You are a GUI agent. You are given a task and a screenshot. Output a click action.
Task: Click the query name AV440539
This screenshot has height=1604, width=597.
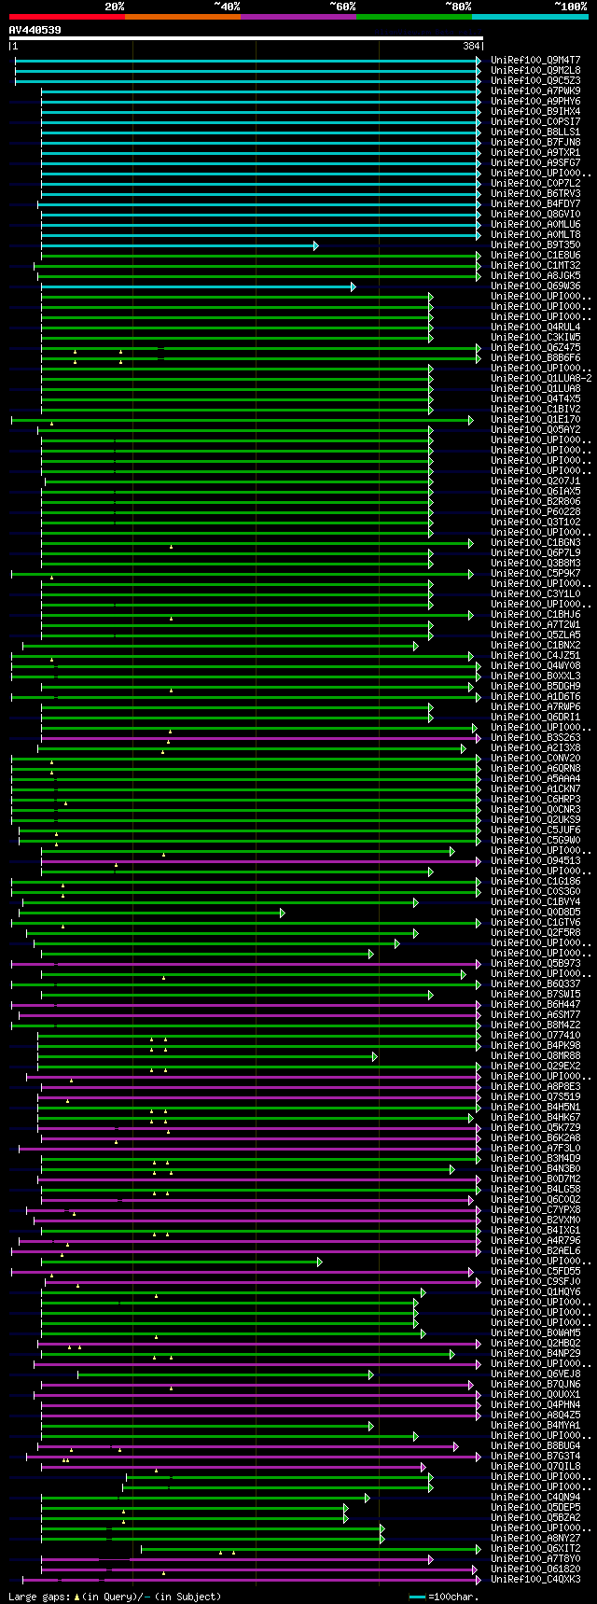pos(35,30)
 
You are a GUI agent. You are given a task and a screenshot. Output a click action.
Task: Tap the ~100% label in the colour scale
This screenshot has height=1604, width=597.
pos(570,7)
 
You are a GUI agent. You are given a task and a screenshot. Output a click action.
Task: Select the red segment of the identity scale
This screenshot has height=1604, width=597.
pos(66,17)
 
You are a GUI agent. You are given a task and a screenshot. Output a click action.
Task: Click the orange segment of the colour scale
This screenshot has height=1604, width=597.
pos(182,17)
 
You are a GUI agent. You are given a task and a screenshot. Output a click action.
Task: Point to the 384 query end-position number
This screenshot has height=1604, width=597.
pos(471,46)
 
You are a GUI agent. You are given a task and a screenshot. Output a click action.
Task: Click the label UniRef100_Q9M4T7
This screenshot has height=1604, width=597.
pos(535,60)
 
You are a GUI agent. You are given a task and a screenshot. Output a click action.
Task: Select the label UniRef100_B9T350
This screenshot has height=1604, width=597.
pos(535,245)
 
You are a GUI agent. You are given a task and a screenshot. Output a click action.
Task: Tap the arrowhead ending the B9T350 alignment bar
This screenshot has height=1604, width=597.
pos(316,245)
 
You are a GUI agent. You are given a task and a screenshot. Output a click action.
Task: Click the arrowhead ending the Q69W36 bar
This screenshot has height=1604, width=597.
pos(353,286)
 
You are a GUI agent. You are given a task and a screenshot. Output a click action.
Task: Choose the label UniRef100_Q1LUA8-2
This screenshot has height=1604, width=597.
pos(541,379)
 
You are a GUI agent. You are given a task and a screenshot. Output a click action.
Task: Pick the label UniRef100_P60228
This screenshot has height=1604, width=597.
pos(535,512)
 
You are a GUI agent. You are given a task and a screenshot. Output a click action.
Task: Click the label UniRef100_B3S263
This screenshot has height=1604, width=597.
pos(535,738)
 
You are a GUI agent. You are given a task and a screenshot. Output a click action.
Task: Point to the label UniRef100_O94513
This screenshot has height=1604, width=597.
pos(535,861)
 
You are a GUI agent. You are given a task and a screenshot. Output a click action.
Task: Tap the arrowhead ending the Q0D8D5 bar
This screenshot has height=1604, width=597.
pos(282,913)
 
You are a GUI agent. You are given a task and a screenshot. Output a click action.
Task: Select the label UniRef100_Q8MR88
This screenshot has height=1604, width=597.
pos(535,1056)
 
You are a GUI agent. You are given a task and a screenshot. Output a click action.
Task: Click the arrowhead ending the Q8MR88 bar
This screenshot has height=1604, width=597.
pos(374,1056)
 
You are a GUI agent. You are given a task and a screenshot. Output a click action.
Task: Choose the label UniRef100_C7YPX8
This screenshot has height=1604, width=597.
pos(535,1210)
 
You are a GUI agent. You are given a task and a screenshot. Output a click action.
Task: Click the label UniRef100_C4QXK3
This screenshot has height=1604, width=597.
pos(535,1580)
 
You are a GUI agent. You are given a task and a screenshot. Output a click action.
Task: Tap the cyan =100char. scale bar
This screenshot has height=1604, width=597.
pos(417,1597)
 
